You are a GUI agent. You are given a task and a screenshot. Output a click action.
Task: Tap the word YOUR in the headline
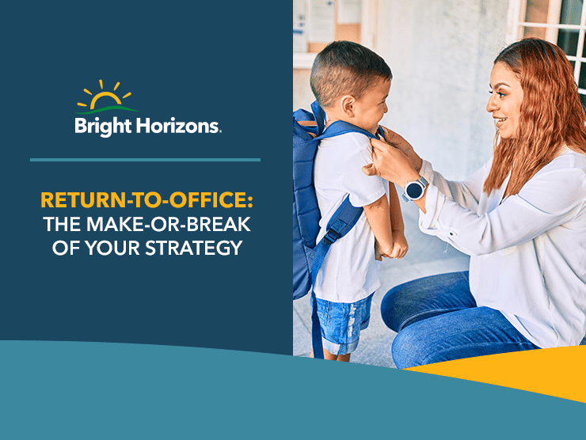click(114, 248)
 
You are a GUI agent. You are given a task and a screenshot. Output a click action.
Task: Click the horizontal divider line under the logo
click(145, 160)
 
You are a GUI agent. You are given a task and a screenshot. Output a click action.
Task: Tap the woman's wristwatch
click(415, 189)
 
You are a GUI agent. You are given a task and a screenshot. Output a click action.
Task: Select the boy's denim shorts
click(342, 321)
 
